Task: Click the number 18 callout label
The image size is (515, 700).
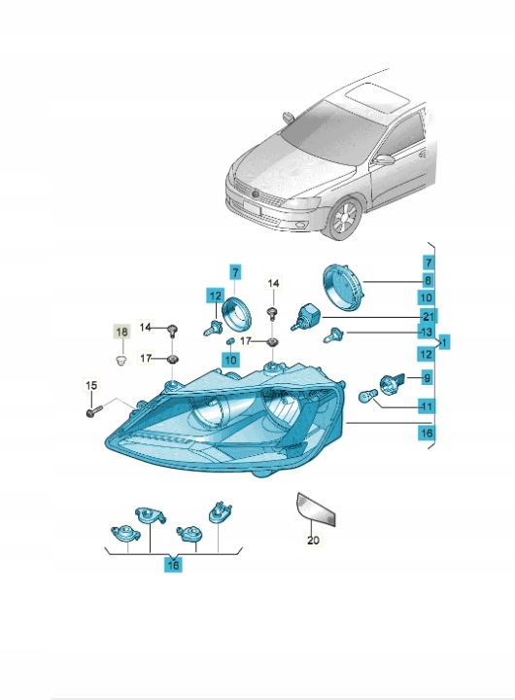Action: [x=121, y=332]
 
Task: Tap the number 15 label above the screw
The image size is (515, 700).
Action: [x=91, y=385]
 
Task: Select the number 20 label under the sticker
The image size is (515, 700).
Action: [x=313, y=541]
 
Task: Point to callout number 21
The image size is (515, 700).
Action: [x=428, y=317]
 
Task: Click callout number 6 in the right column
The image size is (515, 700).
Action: [x=428, y=280]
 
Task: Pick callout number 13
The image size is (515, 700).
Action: [x=427, y=332]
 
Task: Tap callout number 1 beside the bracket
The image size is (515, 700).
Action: [x=444, y=343]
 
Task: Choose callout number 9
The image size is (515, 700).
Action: [x=428, y=378]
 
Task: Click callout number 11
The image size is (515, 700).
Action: [x=427, y=406]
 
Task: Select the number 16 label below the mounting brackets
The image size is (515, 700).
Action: [x=173, y=565]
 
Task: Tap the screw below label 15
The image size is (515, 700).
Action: [x=93, y=411]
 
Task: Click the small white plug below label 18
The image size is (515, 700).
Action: [x=120, y=360]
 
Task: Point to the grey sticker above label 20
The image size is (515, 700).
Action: [x=316, y=508]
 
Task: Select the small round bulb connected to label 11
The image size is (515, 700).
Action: [x=368, y=396]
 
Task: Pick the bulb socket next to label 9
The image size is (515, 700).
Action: [x=392, y=382]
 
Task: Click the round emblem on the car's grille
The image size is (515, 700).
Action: [x=255, y=194]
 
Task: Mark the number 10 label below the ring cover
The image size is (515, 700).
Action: [x=230, y=360]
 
